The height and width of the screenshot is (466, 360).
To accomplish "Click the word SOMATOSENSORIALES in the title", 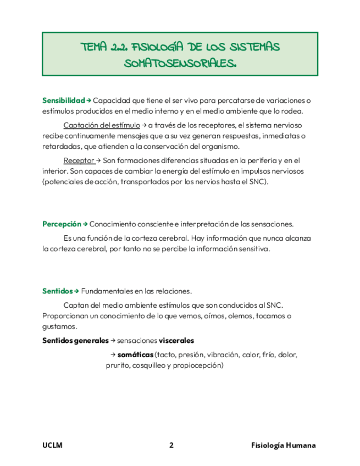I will tap(180, 63).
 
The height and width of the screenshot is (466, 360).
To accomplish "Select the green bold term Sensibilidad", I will tap(63, 101).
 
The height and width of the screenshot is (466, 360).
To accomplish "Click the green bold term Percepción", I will tap(62, 224).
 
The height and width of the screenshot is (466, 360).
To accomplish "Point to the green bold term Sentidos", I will tap(57, 291).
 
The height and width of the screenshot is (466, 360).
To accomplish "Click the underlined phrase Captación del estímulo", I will tap(102, 125).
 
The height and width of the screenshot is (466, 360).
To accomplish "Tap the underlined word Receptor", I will tap(79, 160).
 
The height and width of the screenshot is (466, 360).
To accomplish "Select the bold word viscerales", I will tap(176, 341).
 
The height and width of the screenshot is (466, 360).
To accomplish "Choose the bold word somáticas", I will tap(136, 355).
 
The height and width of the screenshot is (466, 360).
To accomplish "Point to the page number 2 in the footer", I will tap(171, 446).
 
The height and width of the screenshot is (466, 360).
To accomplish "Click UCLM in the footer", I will tap(52, 446).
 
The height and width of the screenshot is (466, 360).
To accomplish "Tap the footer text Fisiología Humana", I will tap(283, 446).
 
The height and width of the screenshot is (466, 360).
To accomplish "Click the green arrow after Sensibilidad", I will tap(88, 101).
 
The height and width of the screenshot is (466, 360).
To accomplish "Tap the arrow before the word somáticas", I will tap(113, 355).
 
